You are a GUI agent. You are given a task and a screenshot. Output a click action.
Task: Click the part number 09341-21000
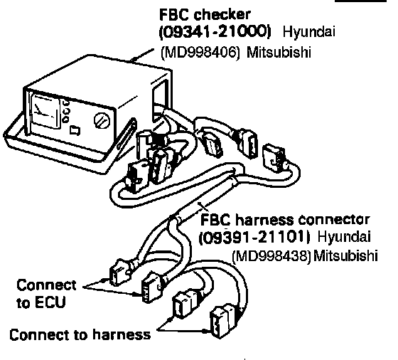pyautogui.click(x=215, y=32)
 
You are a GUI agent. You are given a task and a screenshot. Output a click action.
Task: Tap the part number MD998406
pyautogui.click(x=200, y=53)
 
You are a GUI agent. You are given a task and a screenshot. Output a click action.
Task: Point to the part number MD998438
pyautogui.click(x=271, y=256)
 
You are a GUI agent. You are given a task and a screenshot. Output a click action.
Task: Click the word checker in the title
pyautogui.click(x=222, y=14)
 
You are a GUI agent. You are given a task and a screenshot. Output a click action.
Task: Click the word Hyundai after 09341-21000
pyautogui.click(x=308, y=33)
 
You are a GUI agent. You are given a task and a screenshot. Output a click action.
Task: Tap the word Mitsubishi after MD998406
pyautogui.click(x=279, y=53)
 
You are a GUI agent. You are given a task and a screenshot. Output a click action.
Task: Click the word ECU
pyautogui.click(x=50, y=302)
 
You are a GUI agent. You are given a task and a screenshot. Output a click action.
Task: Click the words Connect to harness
pyautogui.click(x=80, y=334)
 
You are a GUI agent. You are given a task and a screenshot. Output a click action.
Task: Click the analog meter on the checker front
pyautogui.click(x=45, y=111)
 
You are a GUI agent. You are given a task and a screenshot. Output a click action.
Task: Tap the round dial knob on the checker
pyautogui.click(x=102, y=121)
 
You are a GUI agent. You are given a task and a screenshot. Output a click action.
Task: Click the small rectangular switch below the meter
pyautogui.click(x=75, y=130)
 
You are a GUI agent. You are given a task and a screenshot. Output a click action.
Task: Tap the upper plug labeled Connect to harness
pyautogui.click(x=185, y=304)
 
